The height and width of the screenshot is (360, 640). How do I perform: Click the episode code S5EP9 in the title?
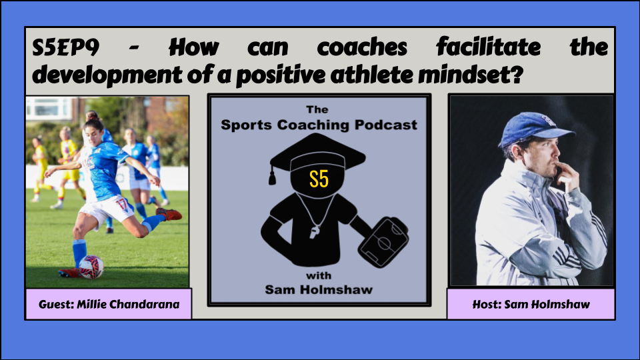coord(66,47)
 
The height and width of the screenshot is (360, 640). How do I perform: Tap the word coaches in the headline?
coord(362,47)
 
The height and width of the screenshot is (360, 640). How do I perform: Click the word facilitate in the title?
coord(489,47)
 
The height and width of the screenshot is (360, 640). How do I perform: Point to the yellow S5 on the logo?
coord(319,179)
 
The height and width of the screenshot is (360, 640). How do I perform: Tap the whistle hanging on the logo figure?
coord(315,231)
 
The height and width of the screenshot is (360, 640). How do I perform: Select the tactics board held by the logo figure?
coord(383,243)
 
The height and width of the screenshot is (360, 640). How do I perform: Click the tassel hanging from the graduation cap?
coord(272,175)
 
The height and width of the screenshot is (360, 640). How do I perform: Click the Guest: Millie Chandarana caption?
coord(109,305)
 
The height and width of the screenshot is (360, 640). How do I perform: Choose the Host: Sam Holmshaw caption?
coord(531,305)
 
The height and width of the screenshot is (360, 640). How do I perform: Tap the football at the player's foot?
coord(91,267)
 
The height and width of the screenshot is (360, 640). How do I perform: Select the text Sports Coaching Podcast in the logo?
coord(319,125)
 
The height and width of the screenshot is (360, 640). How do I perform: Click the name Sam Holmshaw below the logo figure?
coord(319,290)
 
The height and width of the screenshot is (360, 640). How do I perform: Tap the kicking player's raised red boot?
coord(169,213)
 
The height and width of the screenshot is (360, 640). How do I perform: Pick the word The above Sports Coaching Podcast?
coord(317,109)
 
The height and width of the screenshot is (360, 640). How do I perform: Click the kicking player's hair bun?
coord(92,115)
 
